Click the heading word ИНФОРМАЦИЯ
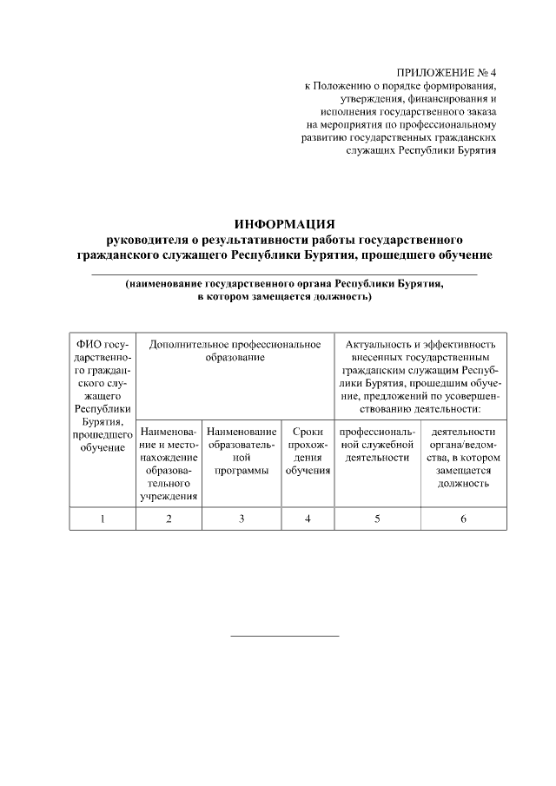point(285,224)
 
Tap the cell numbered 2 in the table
point(169,518)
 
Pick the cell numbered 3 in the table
point(242,518)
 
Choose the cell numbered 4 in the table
point(308,518)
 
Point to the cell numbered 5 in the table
point(377,518)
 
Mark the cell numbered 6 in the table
point(463,518)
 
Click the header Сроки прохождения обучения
point(308,451)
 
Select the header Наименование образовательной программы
point(242,451)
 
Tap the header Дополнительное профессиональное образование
point(235,351)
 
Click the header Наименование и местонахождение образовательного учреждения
point(169,464)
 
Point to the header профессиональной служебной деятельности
point(377,444)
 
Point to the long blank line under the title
point(284,274)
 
